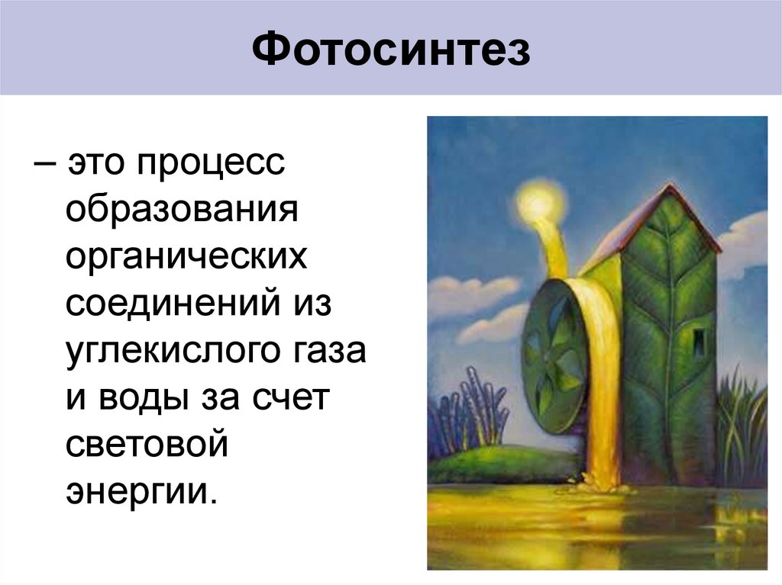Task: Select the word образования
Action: pyautogui.click(x=180, y=210)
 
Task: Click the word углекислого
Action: pyautogui.click(x=173, y=352)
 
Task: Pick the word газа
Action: pyautogui.click(x=330, y=352)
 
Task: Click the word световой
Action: pyautogui.click(x=147, y=445)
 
